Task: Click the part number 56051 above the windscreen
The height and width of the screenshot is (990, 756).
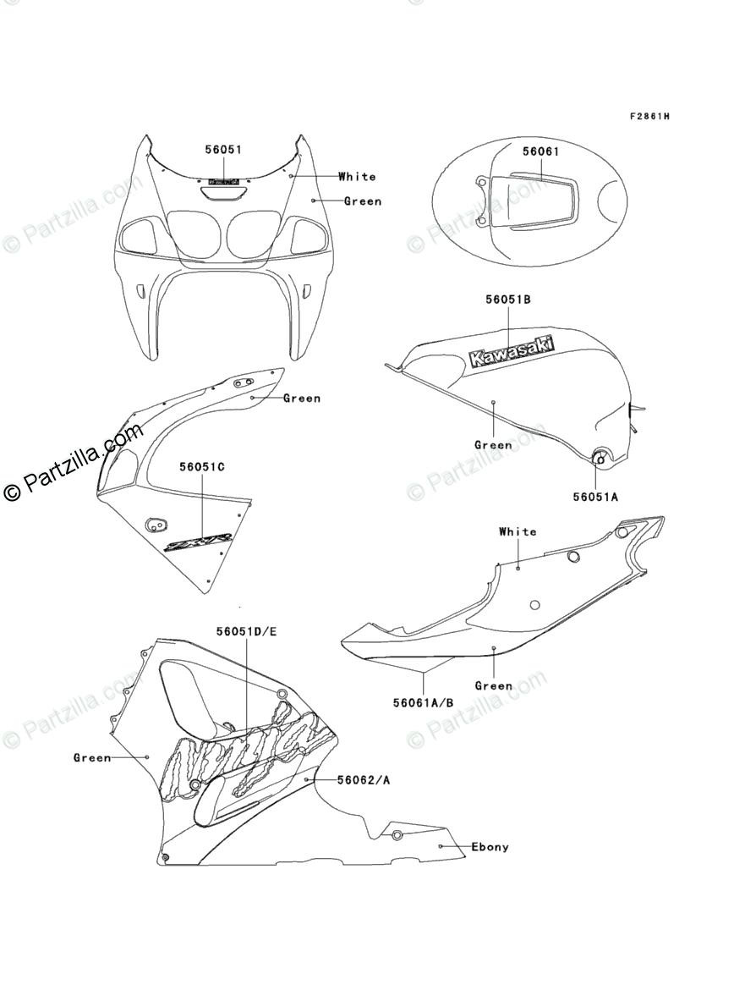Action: coord(223,150)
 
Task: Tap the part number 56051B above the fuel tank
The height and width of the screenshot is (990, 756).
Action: coord(508,300)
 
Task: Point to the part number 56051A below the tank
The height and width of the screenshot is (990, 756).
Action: coord(595,498)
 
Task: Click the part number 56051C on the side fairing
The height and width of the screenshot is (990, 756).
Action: coord(201,466)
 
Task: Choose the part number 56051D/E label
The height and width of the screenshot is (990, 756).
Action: coord(246,631)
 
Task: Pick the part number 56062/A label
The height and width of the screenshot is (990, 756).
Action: coord(364,780)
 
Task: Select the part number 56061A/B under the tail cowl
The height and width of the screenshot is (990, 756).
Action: coord(423,702)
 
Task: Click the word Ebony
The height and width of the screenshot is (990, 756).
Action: coord(490,847)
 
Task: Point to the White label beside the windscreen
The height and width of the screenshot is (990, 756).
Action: coord(357,177)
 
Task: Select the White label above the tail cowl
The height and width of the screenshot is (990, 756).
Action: coord(518,531)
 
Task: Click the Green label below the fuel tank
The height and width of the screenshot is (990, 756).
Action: coord(493,445)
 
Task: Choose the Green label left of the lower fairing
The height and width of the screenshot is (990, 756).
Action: coord(92,758)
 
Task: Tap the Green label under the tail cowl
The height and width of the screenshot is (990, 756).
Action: coord(494,686)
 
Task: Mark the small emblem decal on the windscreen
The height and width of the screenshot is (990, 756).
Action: coord(223,181)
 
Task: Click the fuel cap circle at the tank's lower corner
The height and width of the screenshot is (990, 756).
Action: coord(602,458)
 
